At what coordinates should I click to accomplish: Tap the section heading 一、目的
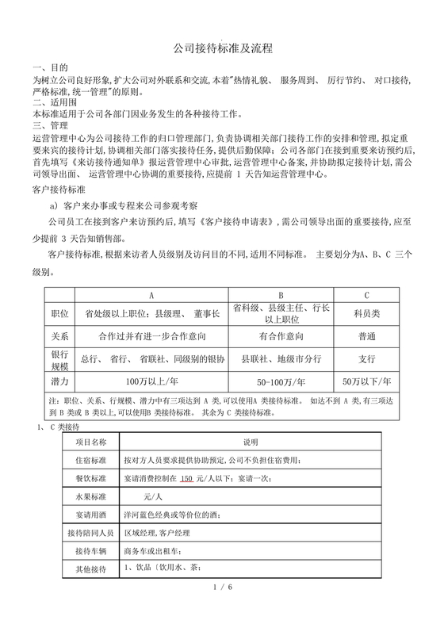[x=50, y=69]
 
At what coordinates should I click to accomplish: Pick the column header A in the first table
[x=152, y=296]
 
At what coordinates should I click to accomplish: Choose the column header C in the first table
[x=366, y=296]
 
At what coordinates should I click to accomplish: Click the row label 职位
[x=60, y=314]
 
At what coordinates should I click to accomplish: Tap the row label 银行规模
[x=60, y=358]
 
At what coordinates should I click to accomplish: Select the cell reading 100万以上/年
[x=152, y=382]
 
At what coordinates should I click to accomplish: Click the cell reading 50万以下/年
[x=366, y=382]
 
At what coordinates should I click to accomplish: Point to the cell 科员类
[x=366, y=314]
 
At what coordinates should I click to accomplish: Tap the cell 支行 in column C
[x=366, y=358]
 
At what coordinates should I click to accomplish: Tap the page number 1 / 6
[x=222, y=608]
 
